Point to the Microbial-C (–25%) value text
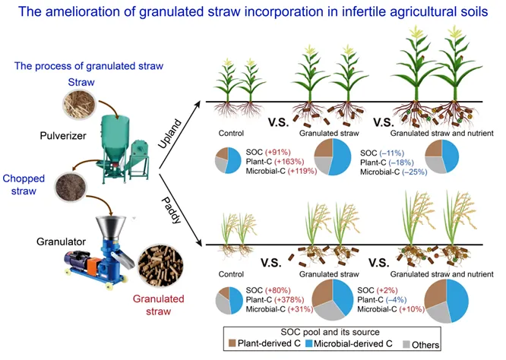point(400,172)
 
